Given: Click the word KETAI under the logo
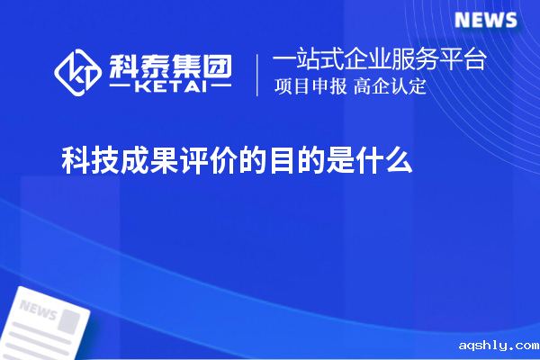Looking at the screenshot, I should coord(170,88).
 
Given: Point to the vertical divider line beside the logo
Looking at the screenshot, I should coord(258,74).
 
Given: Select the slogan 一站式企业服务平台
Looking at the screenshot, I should coord(379,60).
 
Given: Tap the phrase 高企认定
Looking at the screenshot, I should coord(390,87).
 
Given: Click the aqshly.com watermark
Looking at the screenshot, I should coord(497,346).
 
